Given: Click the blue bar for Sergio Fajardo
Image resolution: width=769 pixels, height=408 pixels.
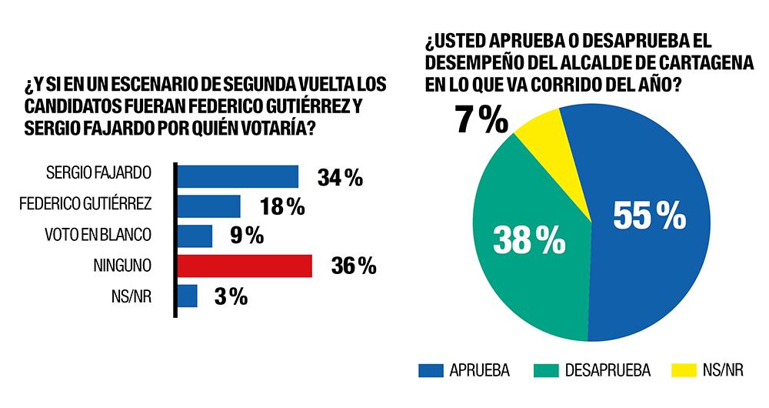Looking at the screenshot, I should click(238, 176).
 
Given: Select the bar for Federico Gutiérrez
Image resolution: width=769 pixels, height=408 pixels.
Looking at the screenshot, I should click(210, 206).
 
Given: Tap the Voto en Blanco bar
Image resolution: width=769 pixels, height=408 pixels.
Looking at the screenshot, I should click(195, 236).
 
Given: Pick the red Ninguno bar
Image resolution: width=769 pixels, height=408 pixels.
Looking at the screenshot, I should click(245, 266).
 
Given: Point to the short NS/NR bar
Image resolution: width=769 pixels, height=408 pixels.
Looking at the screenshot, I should click(188, 296).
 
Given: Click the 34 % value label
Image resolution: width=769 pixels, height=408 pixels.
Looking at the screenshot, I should click(340, 178).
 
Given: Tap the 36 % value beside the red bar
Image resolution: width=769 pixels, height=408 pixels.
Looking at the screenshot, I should click(353, 266).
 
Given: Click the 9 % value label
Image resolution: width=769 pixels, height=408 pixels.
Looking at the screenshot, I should click(248, 236).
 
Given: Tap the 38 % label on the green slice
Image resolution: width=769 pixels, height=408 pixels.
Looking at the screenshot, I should click(528, 241).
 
